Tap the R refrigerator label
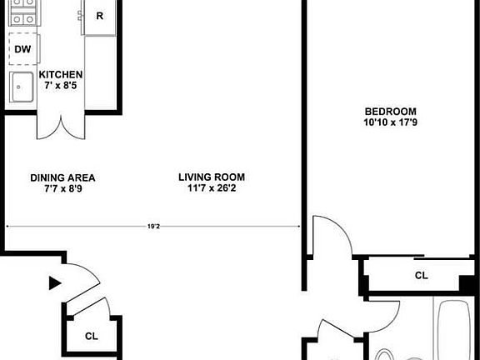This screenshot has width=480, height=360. click(x=100, y=15)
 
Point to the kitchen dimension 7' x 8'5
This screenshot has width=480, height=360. click(x=60, y=85)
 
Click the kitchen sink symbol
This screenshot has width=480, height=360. click(x=21, y=86)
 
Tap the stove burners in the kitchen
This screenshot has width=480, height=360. click(x=22, y=13)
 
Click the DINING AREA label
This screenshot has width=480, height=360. click(x=62, y=177)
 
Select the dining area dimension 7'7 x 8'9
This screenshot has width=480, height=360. click(x=62, y=188)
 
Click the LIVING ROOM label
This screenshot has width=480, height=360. click(x=212, y=177)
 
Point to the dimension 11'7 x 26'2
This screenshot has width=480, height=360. click(x=212, y=188)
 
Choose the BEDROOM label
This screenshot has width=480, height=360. click(x=390, y=112)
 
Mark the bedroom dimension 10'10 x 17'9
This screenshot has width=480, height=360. click(x=390, y=123)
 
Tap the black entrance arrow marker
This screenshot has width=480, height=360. click(x=55, y=283)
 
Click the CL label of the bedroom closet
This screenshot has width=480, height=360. click(x=422, y=275)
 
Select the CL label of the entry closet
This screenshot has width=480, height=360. click(x=92, y=337)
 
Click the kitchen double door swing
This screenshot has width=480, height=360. click(x=61, y=127)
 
